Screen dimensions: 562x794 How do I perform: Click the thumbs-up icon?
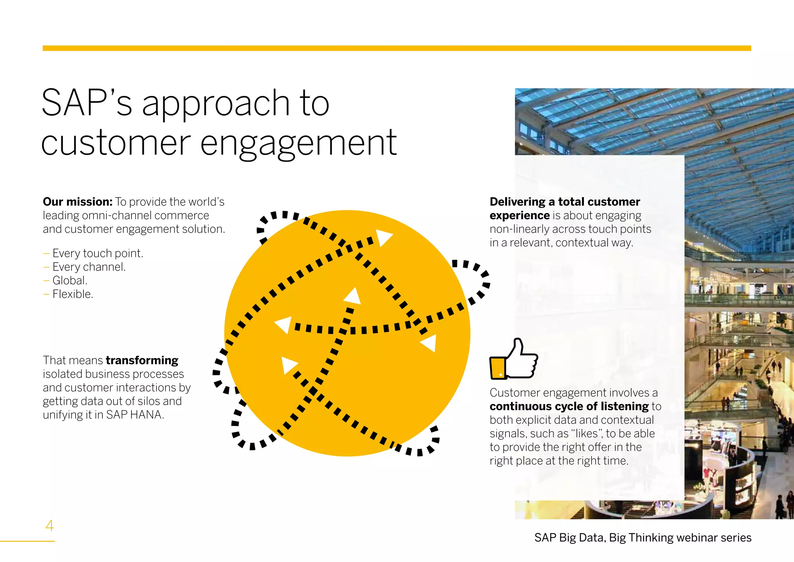tap(514, 359)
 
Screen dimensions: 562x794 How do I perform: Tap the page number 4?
tap(50, 526)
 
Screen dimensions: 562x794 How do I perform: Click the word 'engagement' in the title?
tap(298, 143)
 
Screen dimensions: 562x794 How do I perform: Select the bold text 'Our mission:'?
tap(78, 202)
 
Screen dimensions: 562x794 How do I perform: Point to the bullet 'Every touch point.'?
tap(98, 253)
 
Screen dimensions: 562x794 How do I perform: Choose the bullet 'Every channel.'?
tap(89, 267)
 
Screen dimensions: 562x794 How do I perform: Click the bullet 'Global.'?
tap(70, 281)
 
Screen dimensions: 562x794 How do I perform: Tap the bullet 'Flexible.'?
tap(73, 294)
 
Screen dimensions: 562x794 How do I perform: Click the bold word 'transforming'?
tap(142, 360)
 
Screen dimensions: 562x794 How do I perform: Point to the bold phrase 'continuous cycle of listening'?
tap(569, 406)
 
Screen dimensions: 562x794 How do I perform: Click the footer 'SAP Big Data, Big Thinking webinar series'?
tap(642, 538)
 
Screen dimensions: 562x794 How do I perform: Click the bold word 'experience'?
tap(520, 215)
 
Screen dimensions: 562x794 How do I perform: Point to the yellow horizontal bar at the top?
tap(397, 48)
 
